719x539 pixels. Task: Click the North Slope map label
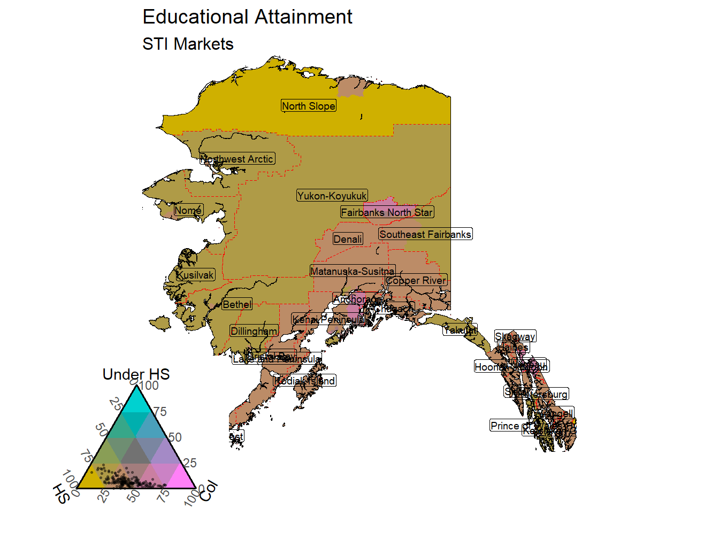309,106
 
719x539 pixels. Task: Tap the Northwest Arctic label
238,159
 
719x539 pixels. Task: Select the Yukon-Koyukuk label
332,196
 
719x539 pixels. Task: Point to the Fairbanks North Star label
387,212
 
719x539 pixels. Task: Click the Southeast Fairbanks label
425,234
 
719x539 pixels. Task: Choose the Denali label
348,239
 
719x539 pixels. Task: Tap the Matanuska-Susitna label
353,271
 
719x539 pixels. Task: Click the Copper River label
416,280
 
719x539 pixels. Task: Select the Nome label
188,210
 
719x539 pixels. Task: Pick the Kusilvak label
195,275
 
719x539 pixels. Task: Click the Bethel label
237,304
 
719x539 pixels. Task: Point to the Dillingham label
254,331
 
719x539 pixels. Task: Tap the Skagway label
515,336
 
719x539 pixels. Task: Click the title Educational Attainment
247,17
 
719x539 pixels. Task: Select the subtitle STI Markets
188,44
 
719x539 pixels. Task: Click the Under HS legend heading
136,374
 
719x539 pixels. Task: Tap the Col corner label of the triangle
209,491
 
